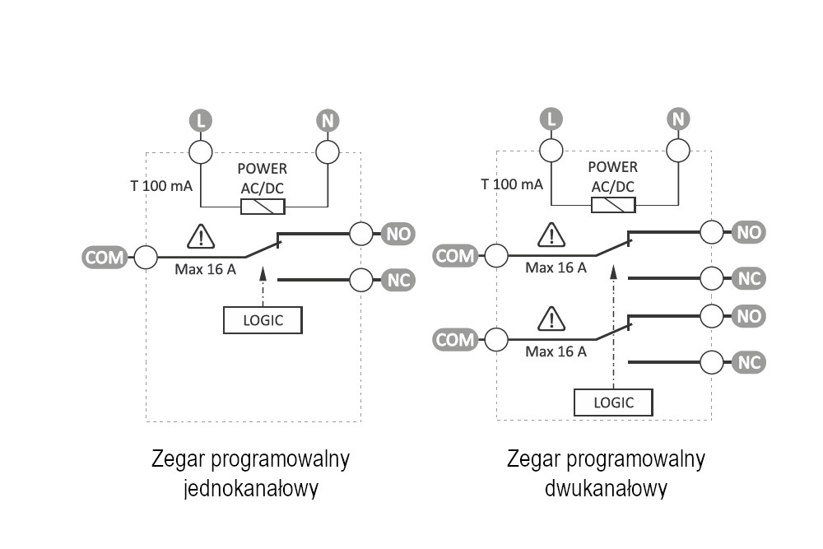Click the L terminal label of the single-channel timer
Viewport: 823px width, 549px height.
point(201,122)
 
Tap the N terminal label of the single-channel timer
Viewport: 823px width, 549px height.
point(328,122)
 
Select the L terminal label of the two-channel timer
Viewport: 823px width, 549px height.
point(551,120)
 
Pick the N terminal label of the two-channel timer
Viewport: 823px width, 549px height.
point(678,120)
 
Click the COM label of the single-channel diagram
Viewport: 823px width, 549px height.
point(105,258)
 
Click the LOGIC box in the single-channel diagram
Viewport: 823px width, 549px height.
point(263,320)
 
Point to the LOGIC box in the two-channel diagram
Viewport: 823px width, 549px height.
point(614,402)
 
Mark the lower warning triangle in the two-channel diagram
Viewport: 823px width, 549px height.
point(551,319)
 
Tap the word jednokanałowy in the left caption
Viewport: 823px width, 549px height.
point(251,488)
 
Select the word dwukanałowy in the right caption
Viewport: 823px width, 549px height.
point(606,488)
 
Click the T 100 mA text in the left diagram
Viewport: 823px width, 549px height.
point(162,186)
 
